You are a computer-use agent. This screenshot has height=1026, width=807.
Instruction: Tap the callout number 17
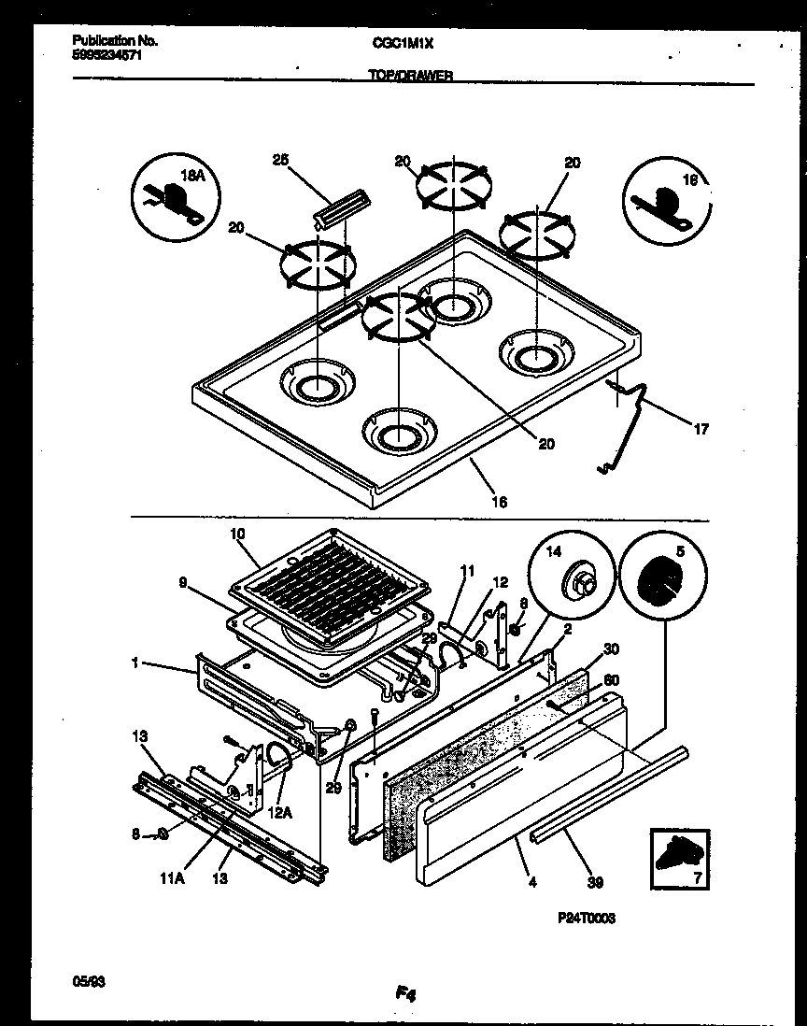click(x=701, y=430)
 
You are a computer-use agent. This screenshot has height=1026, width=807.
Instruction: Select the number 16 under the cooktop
click(x=500, y=502)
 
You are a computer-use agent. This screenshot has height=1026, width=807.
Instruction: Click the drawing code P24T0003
click(x=585, y=919)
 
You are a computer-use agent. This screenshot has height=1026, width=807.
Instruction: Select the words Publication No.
click(x=114, y=41)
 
